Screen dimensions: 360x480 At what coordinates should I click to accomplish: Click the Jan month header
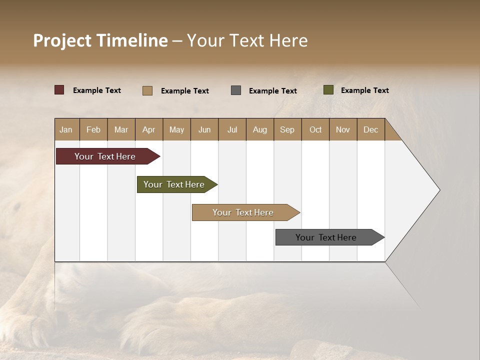[66, 129]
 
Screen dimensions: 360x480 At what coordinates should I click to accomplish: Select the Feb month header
[93, 129]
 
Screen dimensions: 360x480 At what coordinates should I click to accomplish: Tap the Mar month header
[121, 129]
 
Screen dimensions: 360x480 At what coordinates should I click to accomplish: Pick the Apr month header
[149, 129]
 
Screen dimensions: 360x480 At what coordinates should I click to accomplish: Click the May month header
[176, 129]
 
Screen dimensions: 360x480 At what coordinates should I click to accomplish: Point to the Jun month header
[204, 129]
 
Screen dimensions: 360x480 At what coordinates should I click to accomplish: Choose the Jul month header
[232, 129]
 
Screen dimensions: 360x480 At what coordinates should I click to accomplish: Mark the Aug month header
[260, 129]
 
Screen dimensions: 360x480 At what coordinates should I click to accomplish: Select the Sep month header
[287, 129]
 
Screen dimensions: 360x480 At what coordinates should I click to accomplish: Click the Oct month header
[315, 129]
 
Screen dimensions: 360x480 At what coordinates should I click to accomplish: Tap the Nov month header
[343, 129]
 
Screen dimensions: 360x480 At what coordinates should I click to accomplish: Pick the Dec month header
[371, 129]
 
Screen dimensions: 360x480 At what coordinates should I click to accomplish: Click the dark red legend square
[59, 90]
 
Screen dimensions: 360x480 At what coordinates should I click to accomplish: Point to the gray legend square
[236, 90]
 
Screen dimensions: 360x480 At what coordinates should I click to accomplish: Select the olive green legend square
[328, 90]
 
